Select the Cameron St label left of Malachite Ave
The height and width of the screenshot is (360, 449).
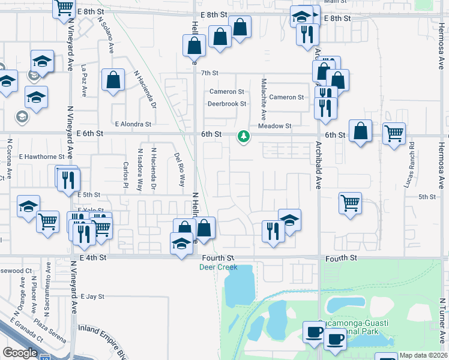point(226,92)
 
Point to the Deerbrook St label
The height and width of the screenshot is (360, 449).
point(227,104)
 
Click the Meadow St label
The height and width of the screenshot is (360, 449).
point(274,126)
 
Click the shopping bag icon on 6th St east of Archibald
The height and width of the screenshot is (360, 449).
point(360,131)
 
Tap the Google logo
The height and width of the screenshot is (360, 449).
point(20,353)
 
